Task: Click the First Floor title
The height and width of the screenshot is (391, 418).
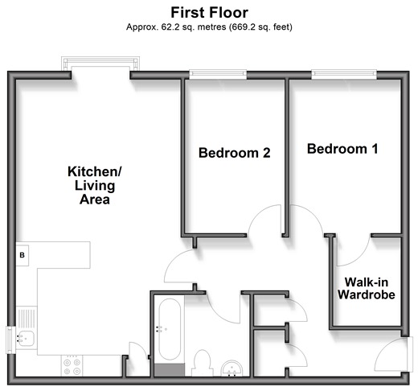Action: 209,13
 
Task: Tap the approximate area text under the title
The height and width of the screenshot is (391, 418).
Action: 209,27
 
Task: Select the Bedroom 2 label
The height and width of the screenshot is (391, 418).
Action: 235,153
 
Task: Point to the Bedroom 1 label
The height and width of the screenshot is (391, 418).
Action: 342,149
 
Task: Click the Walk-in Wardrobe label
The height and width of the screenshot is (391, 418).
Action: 367,288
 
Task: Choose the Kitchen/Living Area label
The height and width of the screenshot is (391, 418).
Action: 95,185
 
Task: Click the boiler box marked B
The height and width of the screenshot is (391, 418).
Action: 23,255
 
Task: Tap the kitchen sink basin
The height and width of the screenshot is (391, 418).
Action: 26,338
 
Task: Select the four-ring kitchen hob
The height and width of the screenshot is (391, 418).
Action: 72,367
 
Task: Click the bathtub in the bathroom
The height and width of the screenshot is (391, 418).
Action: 170,329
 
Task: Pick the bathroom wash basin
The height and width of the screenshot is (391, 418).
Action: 232,368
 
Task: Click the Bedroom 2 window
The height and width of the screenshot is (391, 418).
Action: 218,74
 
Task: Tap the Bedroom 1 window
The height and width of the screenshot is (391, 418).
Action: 344,74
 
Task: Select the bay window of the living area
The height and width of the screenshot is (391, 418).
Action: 100,64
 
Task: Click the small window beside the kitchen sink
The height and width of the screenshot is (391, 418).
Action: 10,340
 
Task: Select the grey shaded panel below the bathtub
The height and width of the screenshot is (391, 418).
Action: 170,370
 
